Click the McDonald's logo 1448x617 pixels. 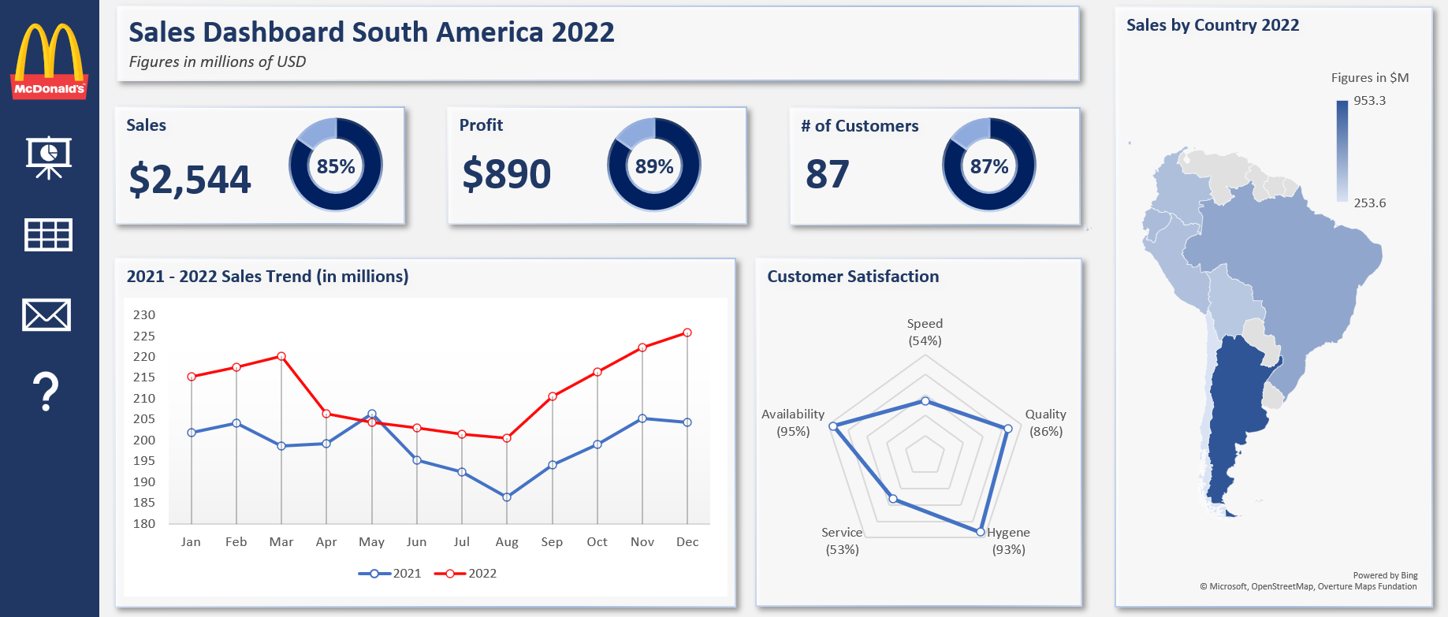coord(49,61)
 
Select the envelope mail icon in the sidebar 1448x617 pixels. coord(47,314)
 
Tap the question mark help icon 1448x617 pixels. coord(47,392)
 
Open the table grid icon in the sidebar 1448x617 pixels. coord(48,235)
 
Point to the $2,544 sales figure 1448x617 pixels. coord(190,179)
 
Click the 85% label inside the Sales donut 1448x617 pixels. coord(336,166)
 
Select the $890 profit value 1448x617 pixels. coord(506,174)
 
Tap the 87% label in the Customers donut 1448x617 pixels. coord(989,166)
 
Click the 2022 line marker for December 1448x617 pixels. coord(687,333)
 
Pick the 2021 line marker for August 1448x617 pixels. coord(507,497)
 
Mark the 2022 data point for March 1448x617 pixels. coord(281,356)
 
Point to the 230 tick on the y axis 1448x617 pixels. coord(144,314)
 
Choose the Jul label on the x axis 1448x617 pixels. coord(462,541)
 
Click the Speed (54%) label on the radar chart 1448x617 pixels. coord(925,332)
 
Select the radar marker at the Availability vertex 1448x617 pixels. coord(832,426)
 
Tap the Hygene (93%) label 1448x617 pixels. coord(1008,541)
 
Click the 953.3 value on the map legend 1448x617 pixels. coord(1369,100)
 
